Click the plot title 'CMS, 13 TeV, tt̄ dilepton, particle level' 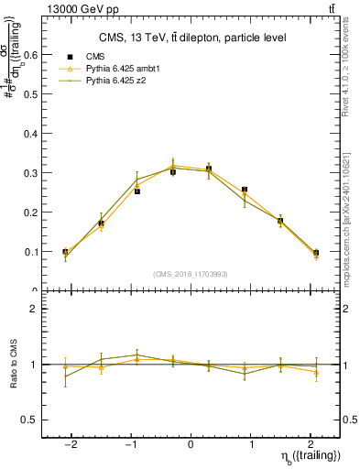click(x=193, y=38)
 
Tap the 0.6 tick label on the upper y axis click(x=30, y=54)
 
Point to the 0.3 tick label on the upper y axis click(x=30, y=172)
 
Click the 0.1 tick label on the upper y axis click(x=30, y=252)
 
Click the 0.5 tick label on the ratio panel click(x=30, y=420)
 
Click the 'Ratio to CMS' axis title click(x=14, y=365)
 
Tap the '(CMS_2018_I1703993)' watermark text click(x=191, y=275)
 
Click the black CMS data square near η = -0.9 click(x=136, y=191)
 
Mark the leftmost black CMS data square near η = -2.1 click(x=65, y=252)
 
